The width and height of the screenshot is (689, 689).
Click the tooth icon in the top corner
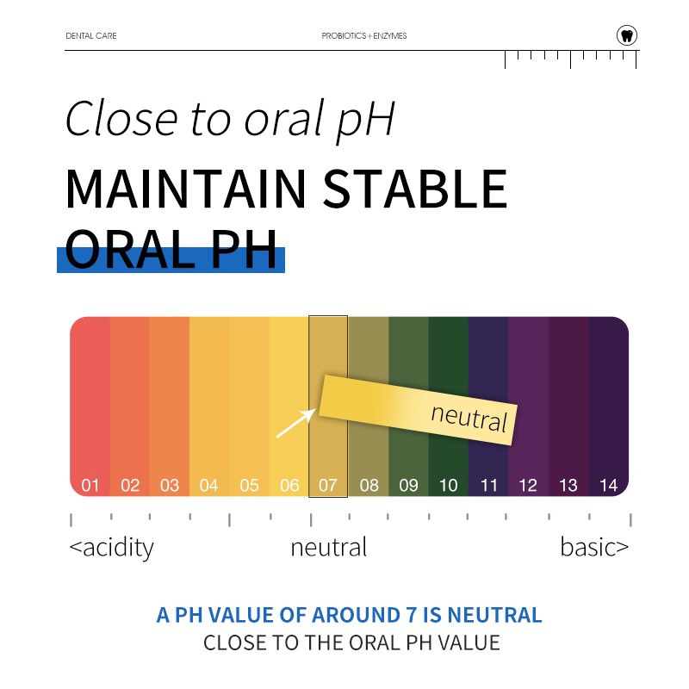627,35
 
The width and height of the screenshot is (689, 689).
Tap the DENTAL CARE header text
91,36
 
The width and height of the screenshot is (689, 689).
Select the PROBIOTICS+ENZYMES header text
364,36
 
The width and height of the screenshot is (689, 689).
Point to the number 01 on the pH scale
90,486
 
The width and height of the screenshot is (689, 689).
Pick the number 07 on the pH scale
328,486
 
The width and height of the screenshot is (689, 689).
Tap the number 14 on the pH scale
609,486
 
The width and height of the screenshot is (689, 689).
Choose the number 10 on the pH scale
449,486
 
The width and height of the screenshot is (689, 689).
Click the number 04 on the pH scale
209,486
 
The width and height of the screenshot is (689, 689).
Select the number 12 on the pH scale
528,486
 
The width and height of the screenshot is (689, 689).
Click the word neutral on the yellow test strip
469,417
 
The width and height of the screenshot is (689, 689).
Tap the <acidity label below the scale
111,548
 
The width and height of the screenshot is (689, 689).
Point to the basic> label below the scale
594,548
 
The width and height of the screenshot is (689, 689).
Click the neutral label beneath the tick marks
329,548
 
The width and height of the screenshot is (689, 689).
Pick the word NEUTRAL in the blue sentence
495,615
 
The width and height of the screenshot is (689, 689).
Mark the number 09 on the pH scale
408,486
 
